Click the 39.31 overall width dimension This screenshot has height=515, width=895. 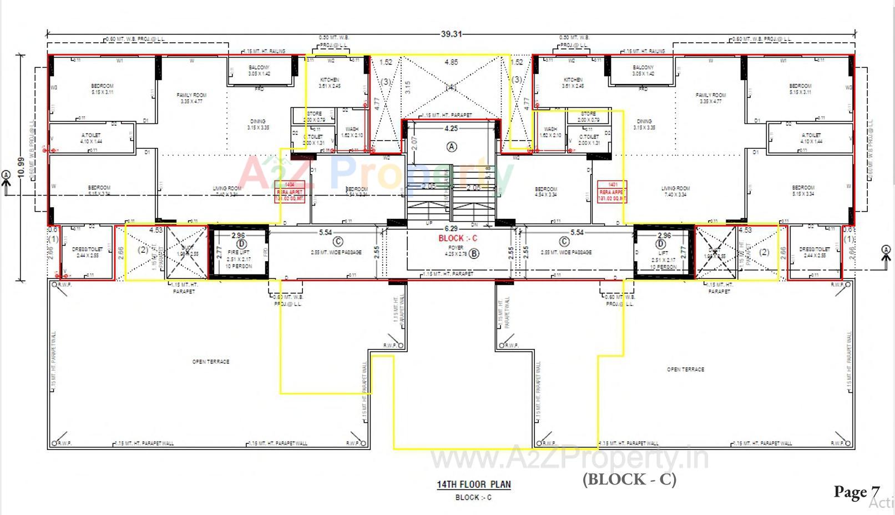pos(451,34)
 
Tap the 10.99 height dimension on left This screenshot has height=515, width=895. pos(21,167)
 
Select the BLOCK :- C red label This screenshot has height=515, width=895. pos(458,238)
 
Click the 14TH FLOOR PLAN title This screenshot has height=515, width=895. pos(473,484)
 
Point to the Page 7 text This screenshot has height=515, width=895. pos(856,492)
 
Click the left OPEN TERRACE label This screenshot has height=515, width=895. pos(211,362)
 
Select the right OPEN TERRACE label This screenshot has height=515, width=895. pos(685,369)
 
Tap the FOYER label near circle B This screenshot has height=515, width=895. pos(456,248)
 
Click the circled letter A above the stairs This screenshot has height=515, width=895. pos(452,147)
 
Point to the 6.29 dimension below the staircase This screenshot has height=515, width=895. pos(451,229)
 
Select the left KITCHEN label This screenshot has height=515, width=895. pos(330,80)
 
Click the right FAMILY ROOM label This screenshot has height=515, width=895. pos(710,96)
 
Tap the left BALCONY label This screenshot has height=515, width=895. pos(259,68)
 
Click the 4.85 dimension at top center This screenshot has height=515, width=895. pos(451,62)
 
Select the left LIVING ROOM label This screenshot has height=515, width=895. pos(227,189)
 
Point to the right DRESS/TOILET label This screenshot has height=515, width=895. pos(814,249)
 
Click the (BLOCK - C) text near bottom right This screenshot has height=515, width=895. pos(629,479)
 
